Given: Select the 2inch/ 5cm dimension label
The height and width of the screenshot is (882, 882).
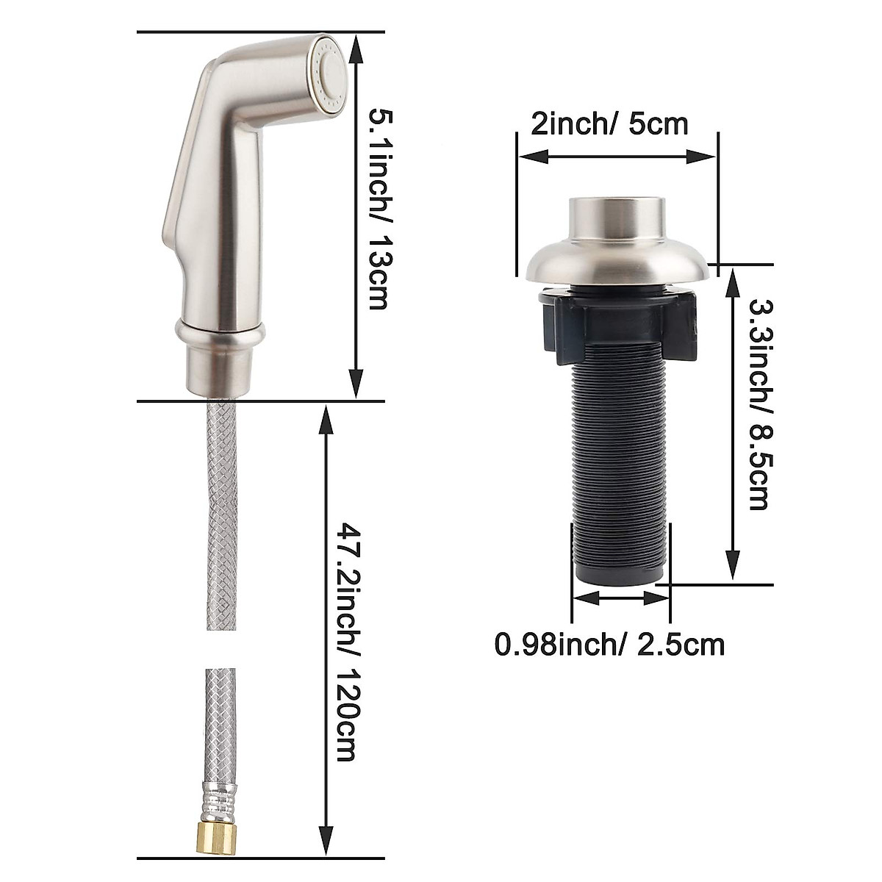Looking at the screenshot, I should click(609, 123).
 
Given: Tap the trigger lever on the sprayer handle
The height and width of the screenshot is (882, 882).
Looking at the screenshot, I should click(176, 198).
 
